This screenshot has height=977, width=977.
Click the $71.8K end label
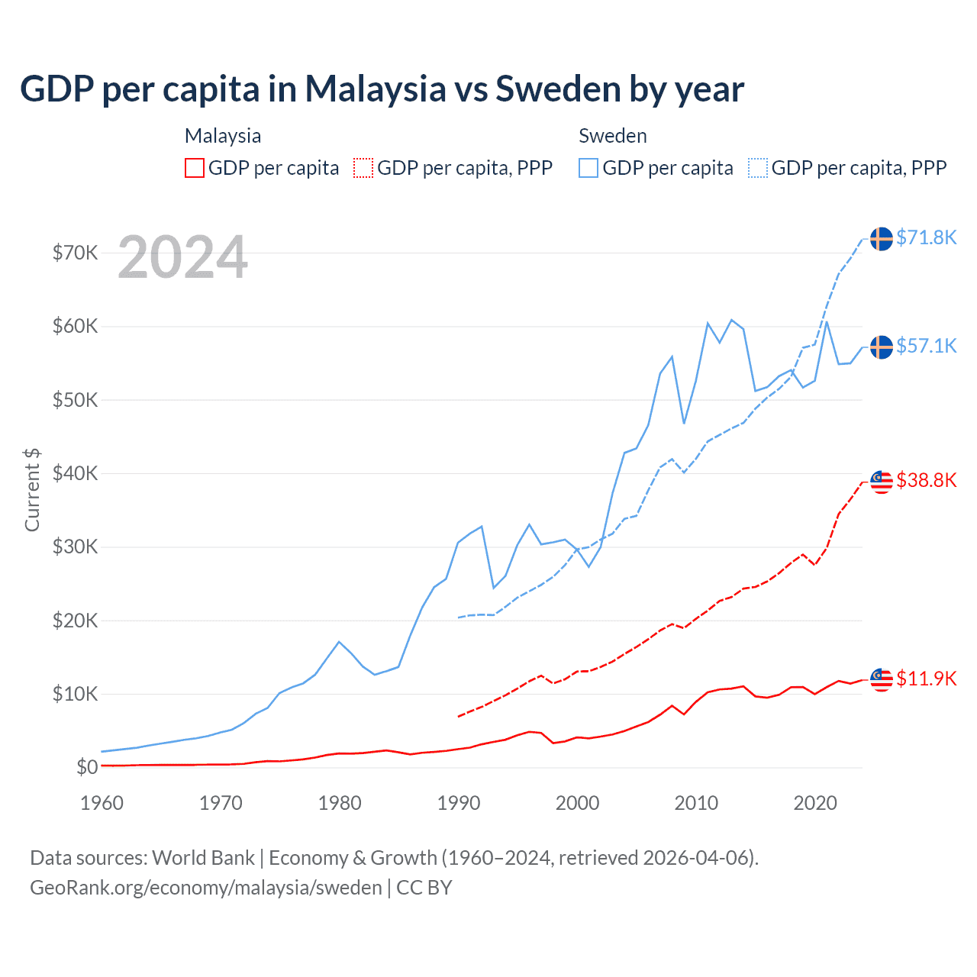click(x=926, y=237)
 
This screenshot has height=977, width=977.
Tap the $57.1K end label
click(x=926, y=346)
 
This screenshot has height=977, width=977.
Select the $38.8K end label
click(x=926, y=480)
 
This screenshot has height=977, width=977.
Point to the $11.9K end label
click(x=926, y=679)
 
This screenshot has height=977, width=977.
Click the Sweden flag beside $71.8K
click(x=882, y=239)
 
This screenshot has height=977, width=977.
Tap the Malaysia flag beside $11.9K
click(x=882, y=679)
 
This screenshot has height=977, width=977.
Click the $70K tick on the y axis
click(x=75, y=253)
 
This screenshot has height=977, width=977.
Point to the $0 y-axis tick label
click(x=87, y=767)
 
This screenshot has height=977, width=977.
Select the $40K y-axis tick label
click(x=75, y=473)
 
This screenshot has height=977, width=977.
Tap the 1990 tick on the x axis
click(x=459, y=803)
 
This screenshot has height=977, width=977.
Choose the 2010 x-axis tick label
click(x=696, y=803)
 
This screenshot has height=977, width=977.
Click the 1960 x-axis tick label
click(x=102, y=803)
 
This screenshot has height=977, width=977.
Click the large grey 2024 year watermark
click(x=182, y=257)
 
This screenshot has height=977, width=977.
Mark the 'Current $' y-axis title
click(x=32, y=489)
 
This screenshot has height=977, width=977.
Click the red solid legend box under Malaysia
click(x=195, y=168)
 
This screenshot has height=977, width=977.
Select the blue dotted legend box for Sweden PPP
click(x=758, y=168)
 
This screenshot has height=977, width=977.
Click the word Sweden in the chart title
click(x=558, y=89)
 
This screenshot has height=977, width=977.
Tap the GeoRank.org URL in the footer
click(x=206, y=888)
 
